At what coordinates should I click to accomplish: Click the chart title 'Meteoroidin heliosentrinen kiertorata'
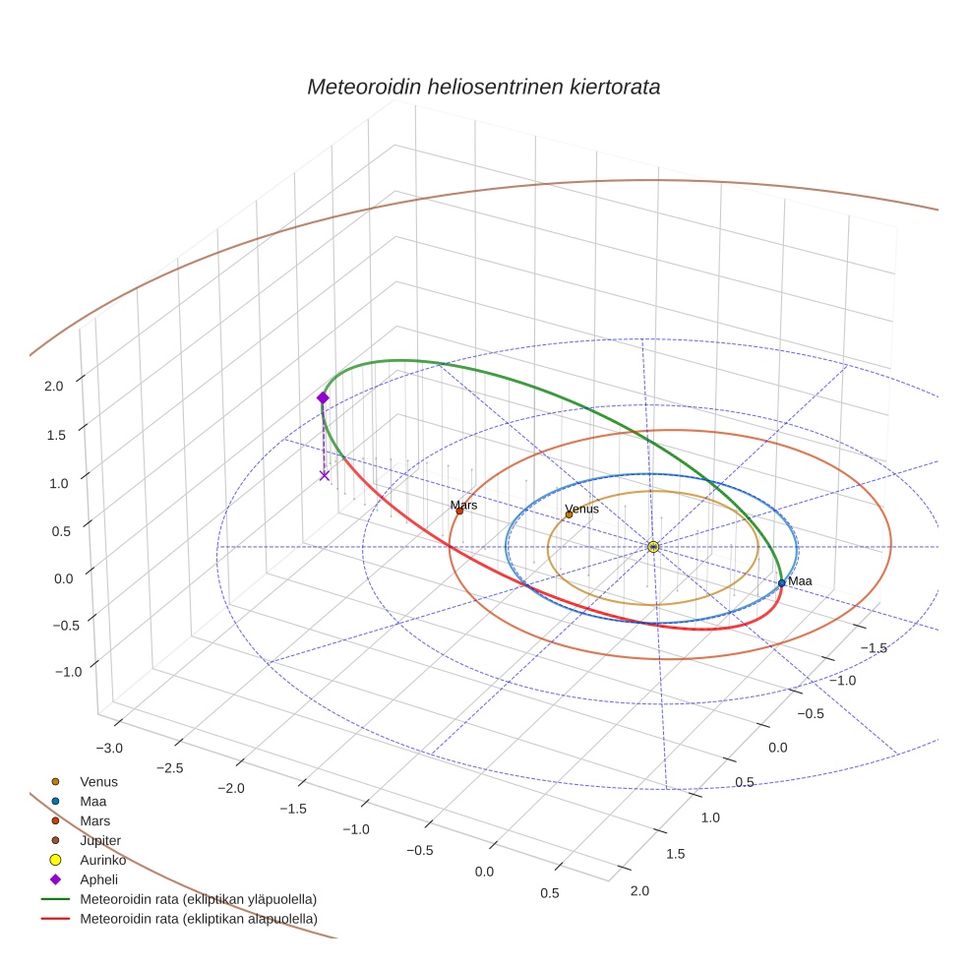pos(483,87)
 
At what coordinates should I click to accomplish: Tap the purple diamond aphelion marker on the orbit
pos(322,397)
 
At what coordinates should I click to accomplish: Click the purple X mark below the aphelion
pos(325,475)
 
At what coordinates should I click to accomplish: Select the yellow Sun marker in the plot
pos(653,546)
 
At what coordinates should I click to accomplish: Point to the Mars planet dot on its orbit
pos(459,511)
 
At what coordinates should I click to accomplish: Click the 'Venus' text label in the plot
pos(581,509)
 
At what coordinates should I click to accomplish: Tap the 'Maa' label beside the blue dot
pos(800,581)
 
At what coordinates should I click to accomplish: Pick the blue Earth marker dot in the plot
pos(781,582)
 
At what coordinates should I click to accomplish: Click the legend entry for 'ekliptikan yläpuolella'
pos(198,899)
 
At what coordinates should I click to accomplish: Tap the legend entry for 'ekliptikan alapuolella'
pos(198,919)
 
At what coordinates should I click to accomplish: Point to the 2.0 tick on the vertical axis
pos(54,387)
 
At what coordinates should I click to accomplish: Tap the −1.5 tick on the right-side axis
pos(875,647)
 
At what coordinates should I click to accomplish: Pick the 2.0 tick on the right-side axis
pos(639,891)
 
